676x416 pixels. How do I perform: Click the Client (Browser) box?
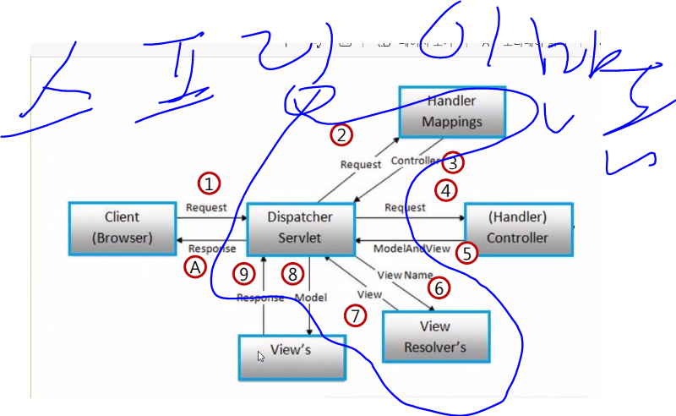pos(122,227)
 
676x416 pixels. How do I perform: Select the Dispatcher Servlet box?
pos(300,227)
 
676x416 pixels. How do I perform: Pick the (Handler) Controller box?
pos(518,227)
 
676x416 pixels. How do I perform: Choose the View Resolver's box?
pos(435,337)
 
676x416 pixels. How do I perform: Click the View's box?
pos(292,357)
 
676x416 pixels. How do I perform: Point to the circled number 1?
pos(209,183)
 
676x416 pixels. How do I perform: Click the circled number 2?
pos(341,134)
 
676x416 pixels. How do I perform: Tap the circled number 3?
pos(454,161)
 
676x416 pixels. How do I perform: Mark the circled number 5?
pos(466,252)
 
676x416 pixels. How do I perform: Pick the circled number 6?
pos(438,288)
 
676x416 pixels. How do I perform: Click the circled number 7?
pos(357,315)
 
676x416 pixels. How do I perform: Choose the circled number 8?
pos(292,273)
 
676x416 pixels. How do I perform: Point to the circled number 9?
pos(244,273)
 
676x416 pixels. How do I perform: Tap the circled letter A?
pos(195,267)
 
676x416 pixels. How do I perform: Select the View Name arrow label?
pos(404,275)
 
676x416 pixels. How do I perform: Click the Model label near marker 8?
pos(310,298)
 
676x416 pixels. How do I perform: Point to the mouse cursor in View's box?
pos(261,356)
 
